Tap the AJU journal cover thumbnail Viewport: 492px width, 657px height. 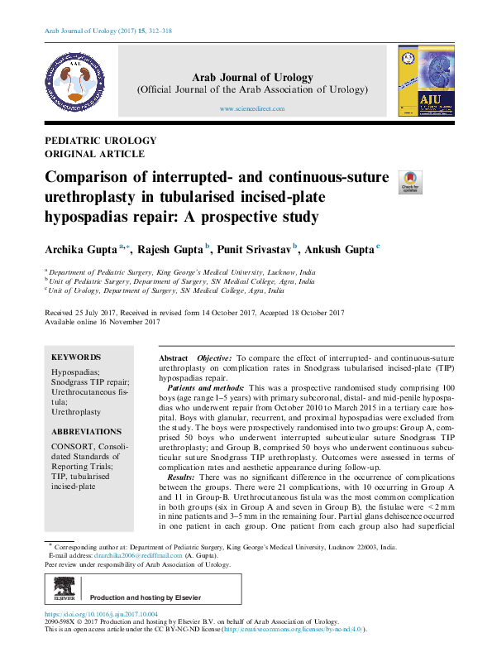tap(420, 80)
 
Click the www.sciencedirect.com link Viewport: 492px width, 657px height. tap(252, 108)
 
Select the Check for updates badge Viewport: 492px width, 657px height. tap(410, 183)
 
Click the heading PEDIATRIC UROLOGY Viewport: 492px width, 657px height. tap(93, 141)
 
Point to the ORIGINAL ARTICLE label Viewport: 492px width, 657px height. tap(94, 154)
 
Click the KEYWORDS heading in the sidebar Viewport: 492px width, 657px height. tap(76, 357)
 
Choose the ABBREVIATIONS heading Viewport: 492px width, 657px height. tap(86, 432)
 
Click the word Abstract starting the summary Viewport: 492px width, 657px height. tap(173, 356)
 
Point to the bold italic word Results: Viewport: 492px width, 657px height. tap(181, 477)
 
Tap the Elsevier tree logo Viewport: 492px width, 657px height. tap(64, 592)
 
